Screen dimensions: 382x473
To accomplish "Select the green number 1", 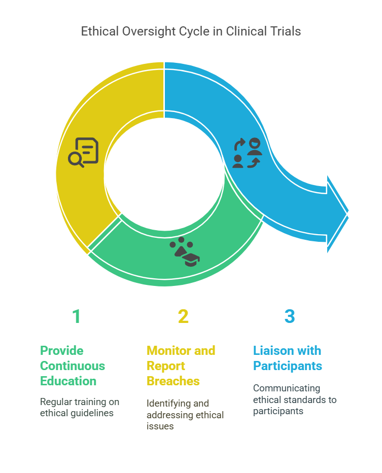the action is point(76,316).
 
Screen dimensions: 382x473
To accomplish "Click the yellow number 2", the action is point(183,316).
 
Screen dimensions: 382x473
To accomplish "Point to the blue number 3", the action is point(289,316).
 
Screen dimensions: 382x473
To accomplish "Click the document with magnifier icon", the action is point(84,152).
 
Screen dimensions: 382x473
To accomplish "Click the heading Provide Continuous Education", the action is point(73,366).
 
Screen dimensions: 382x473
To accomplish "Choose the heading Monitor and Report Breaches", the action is point(181,366).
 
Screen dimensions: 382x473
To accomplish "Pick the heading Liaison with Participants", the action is point(287,358).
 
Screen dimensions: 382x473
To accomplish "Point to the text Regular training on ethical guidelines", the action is point(80,407).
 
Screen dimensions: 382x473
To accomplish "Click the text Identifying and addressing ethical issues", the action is point(185,415).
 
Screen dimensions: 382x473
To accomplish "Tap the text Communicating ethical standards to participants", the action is point(294,399).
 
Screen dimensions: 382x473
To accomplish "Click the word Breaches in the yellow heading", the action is point(173,381).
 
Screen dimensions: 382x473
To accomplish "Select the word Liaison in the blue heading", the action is point(272,350).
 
